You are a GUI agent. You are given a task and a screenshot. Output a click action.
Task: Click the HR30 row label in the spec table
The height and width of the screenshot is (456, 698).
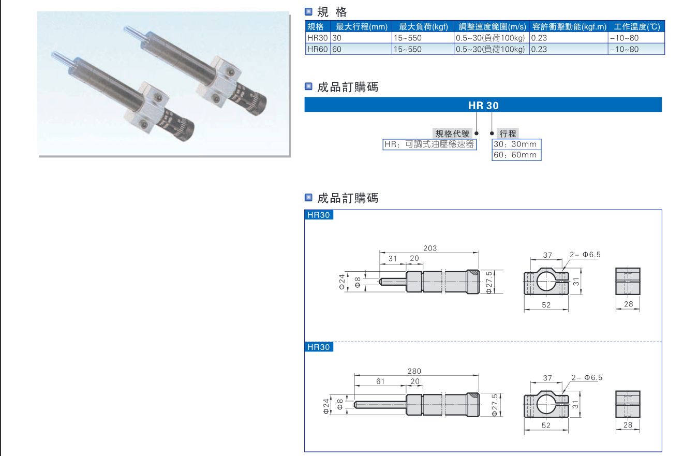(x=317, y=38)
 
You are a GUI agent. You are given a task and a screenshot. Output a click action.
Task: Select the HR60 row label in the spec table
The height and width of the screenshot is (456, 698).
(x=317, y=49)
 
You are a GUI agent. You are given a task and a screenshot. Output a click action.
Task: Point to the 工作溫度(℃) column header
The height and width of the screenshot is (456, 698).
(x=636, y=27)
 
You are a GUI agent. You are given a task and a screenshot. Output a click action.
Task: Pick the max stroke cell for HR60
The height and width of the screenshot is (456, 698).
(x=337, y=49)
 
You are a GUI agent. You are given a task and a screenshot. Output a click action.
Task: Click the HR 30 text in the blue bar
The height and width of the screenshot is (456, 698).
(x=483, y=105)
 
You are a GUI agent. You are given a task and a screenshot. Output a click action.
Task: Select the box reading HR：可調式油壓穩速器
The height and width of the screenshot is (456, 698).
(x=429, y=144)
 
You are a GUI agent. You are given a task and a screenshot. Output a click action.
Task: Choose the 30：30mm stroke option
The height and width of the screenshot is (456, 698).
(x=515, y=144)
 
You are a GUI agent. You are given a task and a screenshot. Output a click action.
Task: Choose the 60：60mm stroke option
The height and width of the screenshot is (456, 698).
(x=515, y=155)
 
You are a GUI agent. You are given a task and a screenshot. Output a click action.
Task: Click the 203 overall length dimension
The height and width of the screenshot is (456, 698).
(x=429, y=248)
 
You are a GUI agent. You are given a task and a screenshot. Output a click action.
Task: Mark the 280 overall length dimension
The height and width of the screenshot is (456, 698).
(x=414, y=371)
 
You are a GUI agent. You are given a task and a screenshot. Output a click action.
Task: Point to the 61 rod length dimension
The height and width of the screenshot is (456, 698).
(x=380, y=381)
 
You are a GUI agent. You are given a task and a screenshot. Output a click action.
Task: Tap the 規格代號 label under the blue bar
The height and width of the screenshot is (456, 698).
(x=453, y=134)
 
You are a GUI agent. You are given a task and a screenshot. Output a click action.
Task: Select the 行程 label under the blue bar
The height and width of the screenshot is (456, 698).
(x=508, y=134)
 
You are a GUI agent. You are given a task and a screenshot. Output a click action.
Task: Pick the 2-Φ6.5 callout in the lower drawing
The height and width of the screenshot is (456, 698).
(x=586, y=378)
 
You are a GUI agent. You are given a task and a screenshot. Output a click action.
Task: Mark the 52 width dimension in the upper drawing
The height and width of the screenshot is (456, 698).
(x=546, y=305)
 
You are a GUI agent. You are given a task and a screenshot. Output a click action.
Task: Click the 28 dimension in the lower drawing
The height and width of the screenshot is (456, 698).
(x=628, y=425)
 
